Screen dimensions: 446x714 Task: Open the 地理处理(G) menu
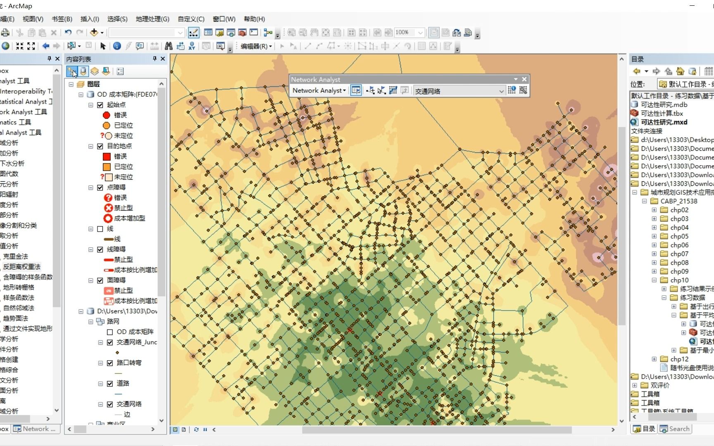point(152,19)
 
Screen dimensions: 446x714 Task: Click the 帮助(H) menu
point(254,19)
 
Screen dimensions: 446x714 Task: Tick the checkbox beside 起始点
point(100,105)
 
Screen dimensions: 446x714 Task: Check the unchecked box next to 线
point(100,229)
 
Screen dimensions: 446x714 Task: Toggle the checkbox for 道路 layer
point(110,384)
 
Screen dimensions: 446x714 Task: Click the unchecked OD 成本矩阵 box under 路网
point(110,332)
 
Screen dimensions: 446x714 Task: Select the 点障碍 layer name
point(116,187)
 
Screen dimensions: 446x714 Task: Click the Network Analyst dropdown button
point(319,90)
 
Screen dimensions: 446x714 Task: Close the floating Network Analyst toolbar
point(524,79)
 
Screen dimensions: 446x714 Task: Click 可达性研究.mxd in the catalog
point(664,122)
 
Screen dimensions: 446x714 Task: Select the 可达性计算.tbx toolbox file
point(662,114)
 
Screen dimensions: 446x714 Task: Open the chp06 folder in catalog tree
point(679,245)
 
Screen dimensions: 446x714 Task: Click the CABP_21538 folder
point(678,201)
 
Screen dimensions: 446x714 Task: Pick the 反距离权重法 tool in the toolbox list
point(21,267)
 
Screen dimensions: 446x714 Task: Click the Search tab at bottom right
point(675,429)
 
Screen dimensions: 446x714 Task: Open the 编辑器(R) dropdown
point(256,46)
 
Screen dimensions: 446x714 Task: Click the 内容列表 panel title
point(79,59)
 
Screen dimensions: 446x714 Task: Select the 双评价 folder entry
point(660,385)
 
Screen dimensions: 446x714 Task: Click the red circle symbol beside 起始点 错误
point(106,115)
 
